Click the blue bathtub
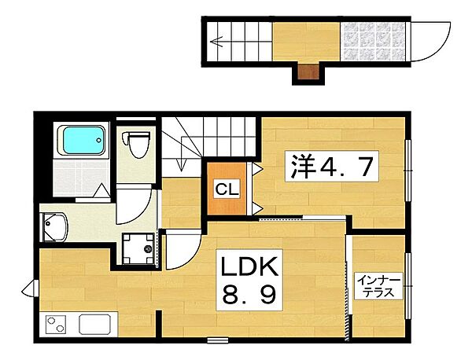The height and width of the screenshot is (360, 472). pyautogui.click(x=84, y=140)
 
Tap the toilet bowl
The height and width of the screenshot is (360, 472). pyautogui.click(x=136, y=145)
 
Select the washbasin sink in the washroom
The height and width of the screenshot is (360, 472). pyautogui.click(x=55, y=226)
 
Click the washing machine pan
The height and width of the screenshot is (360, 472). pyautogui.click(x=138, y=248)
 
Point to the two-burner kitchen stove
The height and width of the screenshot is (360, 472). pyautogui.click(x=55, y=324)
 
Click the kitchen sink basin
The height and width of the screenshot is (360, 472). pyautogui.click(x=95, y=324)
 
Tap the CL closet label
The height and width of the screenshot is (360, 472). pyautogui.click(x=227, y=189)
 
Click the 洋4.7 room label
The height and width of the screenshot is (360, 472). pyautogui.click(x=332, y=166)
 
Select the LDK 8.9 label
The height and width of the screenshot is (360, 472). pyautogui.click(x=249, y=280)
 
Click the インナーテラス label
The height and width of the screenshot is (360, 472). pyautogui.click(x=378, y=286)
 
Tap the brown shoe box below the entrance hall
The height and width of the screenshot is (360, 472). pyautogui.click(x=308, y=72)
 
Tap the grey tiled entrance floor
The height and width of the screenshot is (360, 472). pyautogui.click(x=373, y=42)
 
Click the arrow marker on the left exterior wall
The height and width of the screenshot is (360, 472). pyautogui.click(x=30, y=288)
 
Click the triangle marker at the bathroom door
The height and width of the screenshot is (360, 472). pyautogui.click(x=101, y=191)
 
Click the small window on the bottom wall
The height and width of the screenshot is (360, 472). pyautogui.click(x=218, y=340)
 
